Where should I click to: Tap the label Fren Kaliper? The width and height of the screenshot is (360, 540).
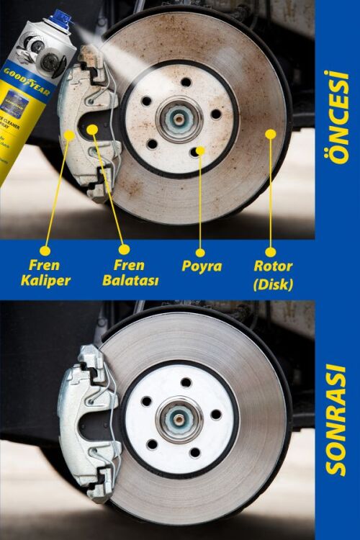pyautogui.click(x=45, y=272)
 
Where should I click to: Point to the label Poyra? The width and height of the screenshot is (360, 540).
pyautogui.click(x=201, y=266)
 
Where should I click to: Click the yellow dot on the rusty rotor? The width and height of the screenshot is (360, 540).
pyautogui.click(x=271, y=132)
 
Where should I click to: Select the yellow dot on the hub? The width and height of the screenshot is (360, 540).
pyautogui.click(x=200, y=150)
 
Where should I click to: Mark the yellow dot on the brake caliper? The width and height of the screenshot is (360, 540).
pyautogui.click(x=70, y=133)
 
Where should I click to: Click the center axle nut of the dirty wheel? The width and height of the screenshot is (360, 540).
pyautogui.click(x=177, y=117)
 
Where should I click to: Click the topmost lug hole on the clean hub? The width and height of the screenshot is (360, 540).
pyautogui.click(x=184, y=382)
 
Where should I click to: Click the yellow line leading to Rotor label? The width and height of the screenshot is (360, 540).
pyautogui.click(x=271, y=194)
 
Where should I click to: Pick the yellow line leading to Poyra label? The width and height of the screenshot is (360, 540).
pyautogui.click(x=200, y=202)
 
